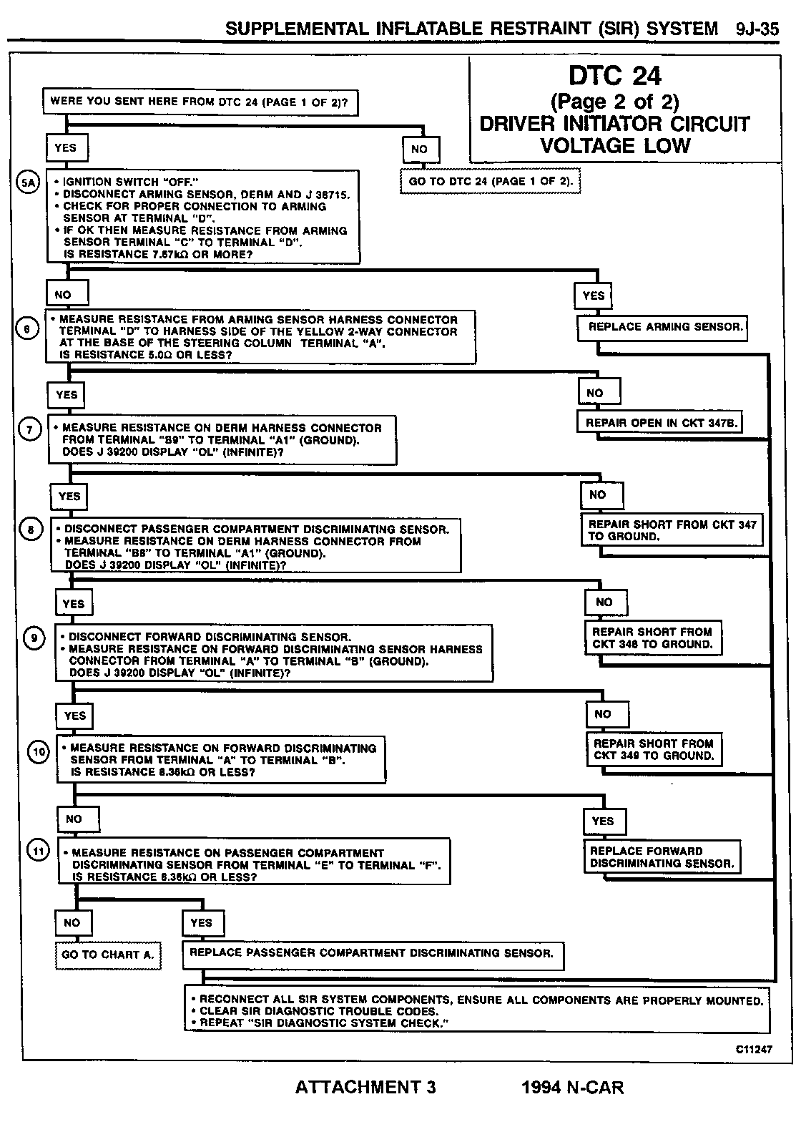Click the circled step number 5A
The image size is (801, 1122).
click(28, 182)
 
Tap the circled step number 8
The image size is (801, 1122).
click(31, 530)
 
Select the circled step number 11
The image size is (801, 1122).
click(39, 850)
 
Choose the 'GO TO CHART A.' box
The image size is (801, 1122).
click(108, 955)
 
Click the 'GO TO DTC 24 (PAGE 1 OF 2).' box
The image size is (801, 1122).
click(491, 182)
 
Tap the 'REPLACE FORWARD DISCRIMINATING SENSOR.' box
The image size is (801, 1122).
click(662, 857)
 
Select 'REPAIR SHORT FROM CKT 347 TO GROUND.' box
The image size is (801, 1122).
click(672, 530)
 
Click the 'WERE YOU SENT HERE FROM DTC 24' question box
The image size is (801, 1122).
click(200, 102)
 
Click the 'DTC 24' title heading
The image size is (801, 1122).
click(614, 76)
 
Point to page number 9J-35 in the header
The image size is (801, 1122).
click(756, 29)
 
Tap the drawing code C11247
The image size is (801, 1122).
click(754, 1050)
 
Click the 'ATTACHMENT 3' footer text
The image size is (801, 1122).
click(365, 1088)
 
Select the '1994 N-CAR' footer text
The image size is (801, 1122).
click(572, 1088)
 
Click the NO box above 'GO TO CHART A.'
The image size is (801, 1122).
click(73, 923)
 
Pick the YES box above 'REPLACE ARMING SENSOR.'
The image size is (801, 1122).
click(594, 296)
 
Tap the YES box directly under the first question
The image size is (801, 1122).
click(66, 149)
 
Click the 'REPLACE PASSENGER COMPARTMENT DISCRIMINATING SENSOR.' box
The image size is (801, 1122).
click(372, 953)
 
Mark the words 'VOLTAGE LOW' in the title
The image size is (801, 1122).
click(615, 146)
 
